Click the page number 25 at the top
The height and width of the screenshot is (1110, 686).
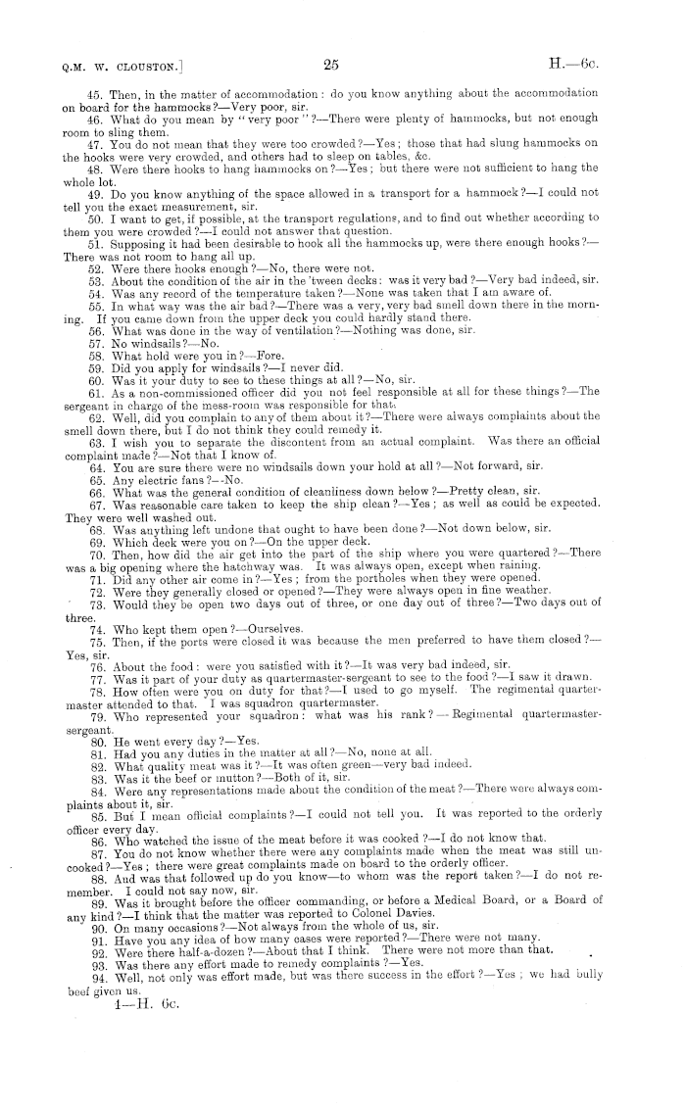(330, 66)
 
